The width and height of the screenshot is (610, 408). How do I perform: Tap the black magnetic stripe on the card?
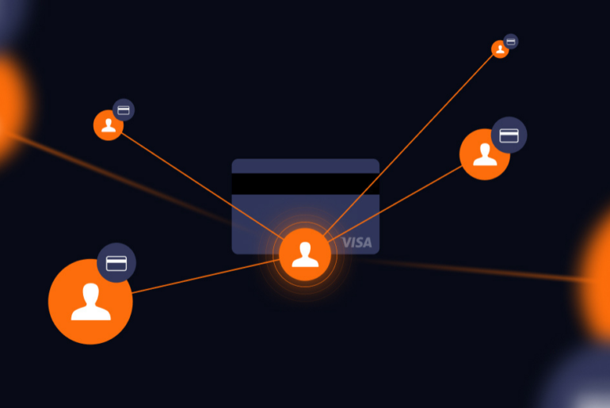[305, 184]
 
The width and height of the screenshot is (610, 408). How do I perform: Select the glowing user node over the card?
[305, 254]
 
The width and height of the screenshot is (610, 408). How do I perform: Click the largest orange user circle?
[90, 301]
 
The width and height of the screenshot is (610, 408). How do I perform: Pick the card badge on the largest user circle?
[117, 262]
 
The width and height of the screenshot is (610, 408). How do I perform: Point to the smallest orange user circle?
[500, 49]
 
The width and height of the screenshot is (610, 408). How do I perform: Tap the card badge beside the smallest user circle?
[510, 40]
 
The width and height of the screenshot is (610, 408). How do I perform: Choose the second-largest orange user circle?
[485, 154]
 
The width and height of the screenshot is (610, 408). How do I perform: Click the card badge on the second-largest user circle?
[509, 135]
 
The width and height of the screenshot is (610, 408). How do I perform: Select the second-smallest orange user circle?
[109, 125]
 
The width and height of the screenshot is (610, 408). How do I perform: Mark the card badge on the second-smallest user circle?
[124, 109]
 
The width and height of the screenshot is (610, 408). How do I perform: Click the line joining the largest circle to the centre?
[206, 276]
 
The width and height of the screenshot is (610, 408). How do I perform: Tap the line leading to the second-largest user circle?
[396, 202]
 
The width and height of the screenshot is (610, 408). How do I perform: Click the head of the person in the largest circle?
[91, 292]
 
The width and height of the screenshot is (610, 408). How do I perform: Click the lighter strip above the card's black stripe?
[305, 166]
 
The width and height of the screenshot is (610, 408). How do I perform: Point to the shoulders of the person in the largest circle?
[91, 312]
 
